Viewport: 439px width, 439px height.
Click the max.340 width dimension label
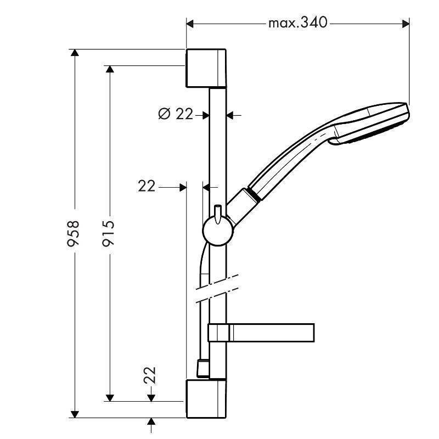297,22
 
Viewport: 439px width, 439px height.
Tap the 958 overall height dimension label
72,234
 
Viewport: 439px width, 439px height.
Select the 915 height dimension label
108,234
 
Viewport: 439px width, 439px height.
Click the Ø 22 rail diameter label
176,114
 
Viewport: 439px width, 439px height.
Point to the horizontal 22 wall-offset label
147,187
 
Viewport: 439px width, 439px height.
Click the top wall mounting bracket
206,67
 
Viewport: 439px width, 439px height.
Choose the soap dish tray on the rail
261,331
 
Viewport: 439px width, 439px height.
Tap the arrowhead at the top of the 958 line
76,54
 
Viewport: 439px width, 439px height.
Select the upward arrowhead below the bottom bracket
151,422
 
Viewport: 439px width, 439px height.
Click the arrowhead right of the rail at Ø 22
230,115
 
